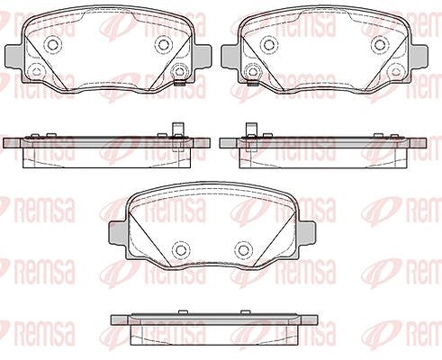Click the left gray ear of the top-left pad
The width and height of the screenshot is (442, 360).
coord(14,56)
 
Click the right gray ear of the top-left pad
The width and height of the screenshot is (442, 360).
coord(203,56)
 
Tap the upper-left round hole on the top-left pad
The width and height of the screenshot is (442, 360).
coord(53,45)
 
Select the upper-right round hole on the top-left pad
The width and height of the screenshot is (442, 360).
coord(164,45)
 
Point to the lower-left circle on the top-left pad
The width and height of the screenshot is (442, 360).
coord(37,72)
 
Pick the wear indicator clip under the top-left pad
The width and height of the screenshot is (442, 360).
coord(179,84)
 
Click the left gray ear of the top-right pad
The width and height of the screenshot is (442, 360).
coord(230,56)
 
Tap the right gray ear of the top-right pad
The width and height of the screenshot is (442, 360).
coord(419,56)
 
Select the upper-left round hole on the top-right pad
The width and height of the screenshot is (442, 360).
coord(269,45)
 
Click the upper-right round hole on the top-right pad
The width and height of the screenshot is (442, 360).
coord(380,45)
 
